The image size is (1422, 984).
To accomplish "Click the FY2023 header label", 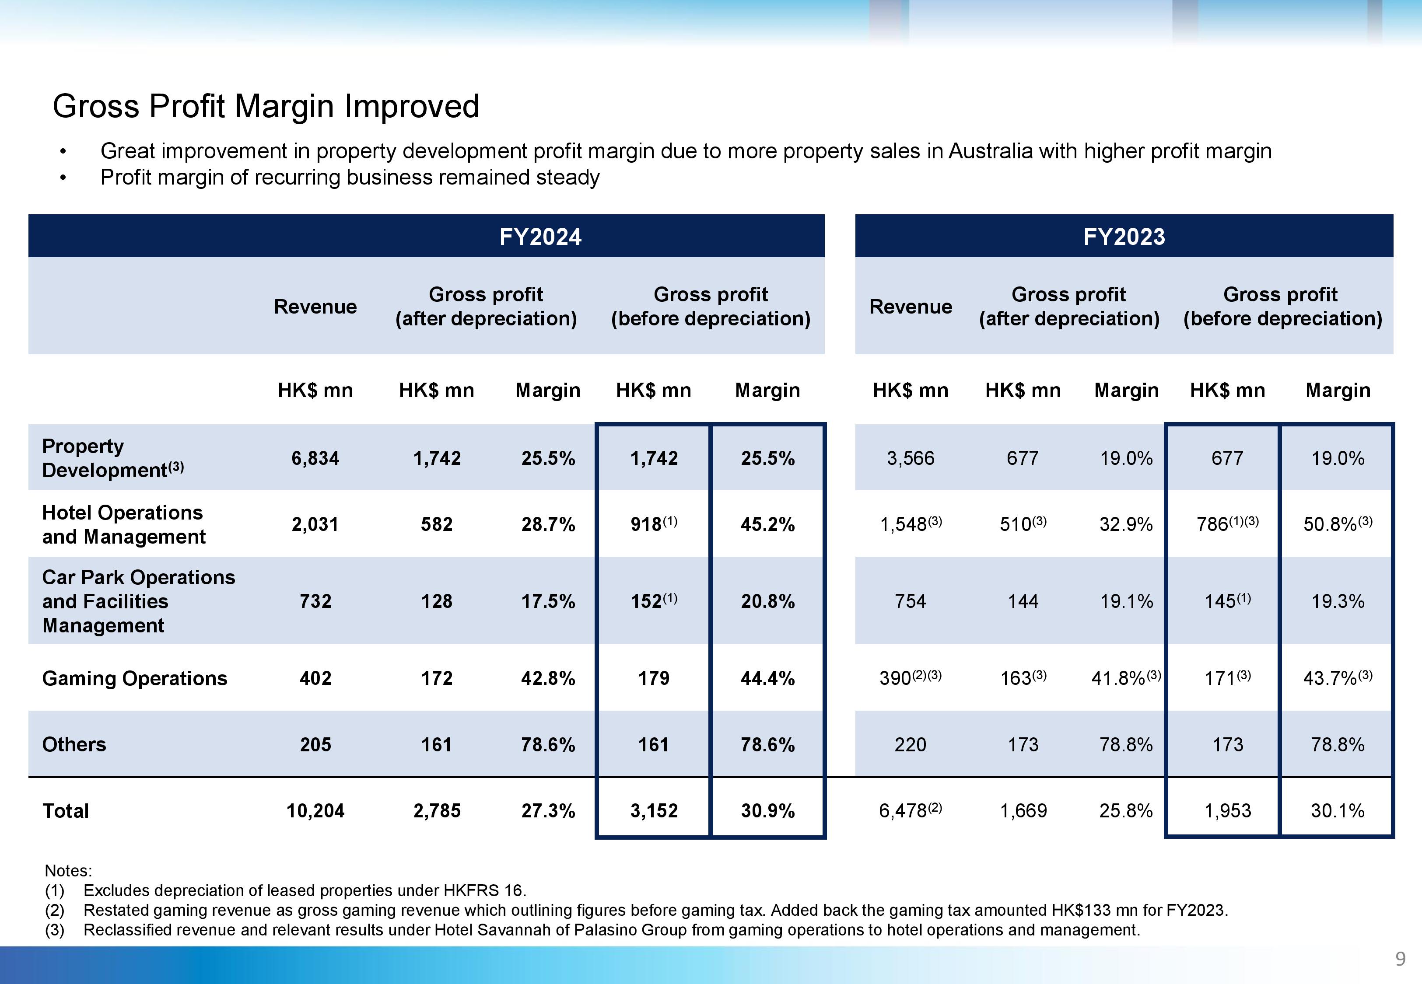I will click(x=1124, y=237).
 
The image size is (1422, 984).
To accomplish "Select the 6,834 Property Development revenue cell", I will click(x=315, y=458).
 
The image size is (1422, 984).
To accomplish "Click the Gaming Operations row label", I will click(x=134, y=678).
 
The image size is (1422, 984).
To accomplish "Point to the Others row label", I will click(x=74, y=744).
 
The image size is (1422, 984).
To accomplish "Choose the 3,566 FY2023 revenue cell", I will click(x=910, y=458).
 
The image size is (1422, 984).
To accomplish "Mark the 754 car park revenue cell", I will click(x=910, y=601).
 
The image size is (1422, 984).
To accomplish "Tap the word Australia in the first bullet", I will click(x=990, y=151).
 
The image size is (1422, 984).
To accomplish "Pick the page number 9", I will click(x=1400, y=959).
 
